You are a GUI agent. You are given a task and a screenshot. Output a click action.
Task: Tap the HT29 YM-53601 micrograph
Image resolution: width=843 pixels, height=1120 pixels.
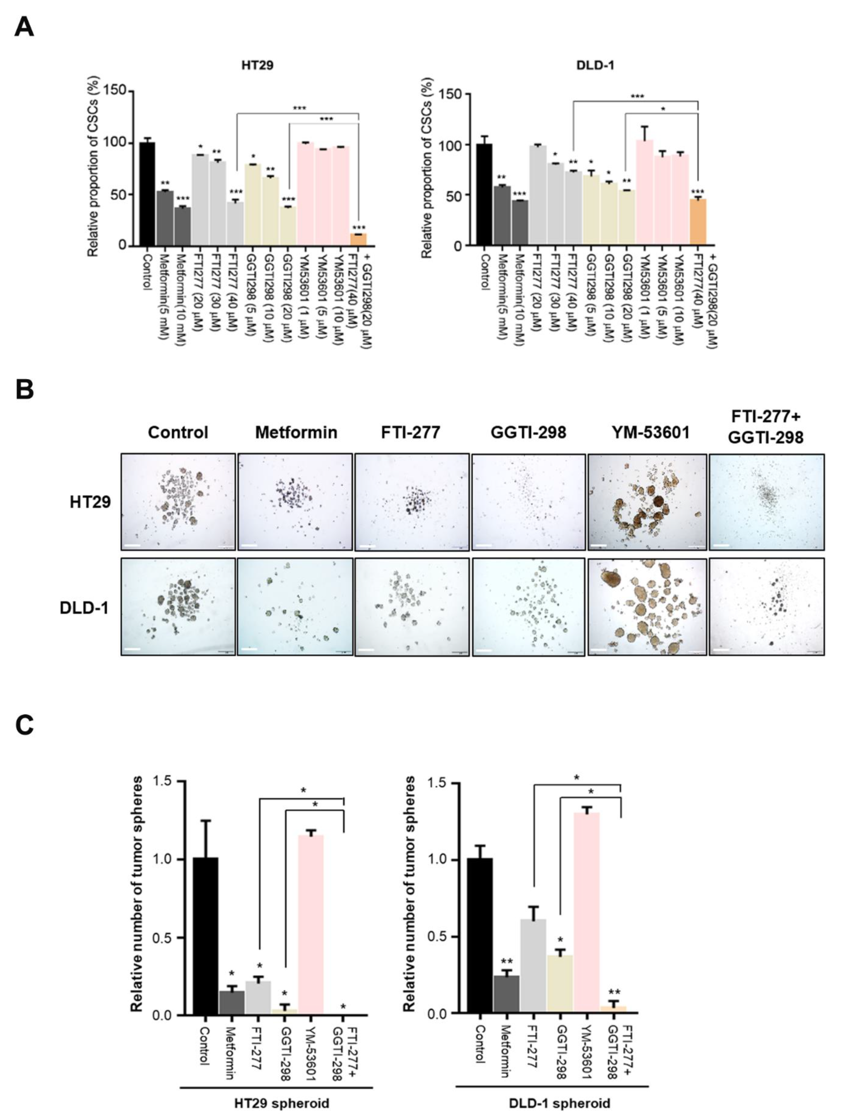[647, 502]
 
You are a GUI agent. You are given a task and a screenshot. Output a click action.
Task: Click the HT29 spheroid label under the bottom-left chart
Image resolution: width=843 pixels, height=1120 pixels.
[282, 1102]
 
